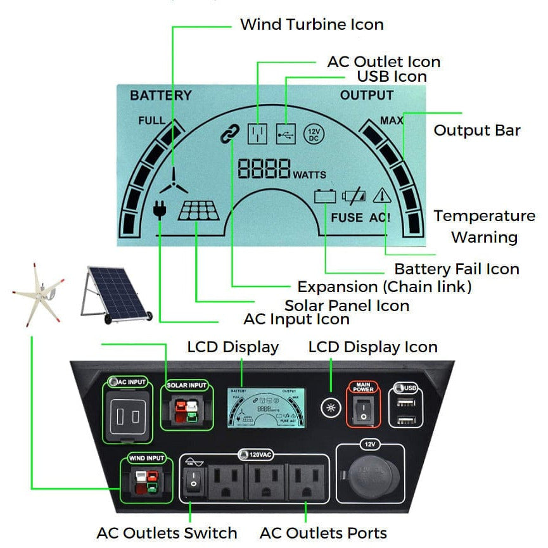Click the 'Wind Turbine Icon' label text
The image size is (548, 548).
coord(312,25)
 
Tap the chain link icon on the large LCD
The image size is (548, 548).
coord(229,134)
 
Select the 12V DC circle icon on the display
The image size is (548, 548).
coord(314,134)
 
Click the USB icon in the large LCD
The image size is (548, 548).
coord(286,134)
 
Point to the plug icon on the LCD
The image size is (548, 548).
coord(160,209)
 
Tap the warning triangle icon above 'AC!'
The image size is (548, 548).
coord(382,196)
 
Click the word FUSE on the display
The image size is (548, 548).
coord(347,217)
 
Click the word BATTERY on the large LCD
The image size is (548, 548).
coord(160,96)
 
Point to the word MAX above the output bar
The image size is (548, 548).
coord(392,120)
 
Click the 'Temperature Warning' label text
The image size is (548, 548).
coord(484,226)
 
